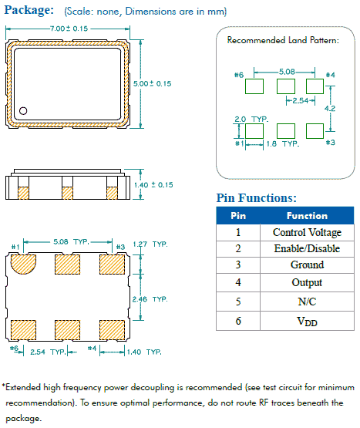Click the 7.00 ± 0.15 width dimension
coord(69,29)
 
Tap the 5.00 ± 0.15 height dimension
coord(152,83)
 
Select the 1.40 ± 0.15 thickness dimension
coord(153,185)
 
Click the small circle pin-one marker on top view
coord(23,111)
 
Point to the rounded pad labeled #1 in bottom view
coord(23,264)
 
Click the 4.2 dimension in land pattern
coord(330,109)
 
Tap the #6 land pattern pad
coord(254,86)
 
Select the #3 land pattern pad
coord(315,131)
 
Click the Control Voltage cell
coord(307,233)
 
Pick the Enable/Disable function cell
coord(307,248)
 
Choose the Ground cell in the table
coord(307,265)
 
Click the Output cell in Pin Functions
coord(307,282)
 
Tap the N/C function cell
coord(307,302)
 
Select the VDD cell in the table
coord(307,321)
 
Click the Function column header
coord(307,216)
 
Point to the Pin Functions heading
coord(256,198)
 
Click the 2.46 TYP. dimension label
coord(150,299)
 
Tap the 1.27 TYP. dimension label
coord(150,244)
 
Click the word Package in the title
coord(29,10)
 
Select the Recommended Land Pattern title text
coord(283,40)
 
